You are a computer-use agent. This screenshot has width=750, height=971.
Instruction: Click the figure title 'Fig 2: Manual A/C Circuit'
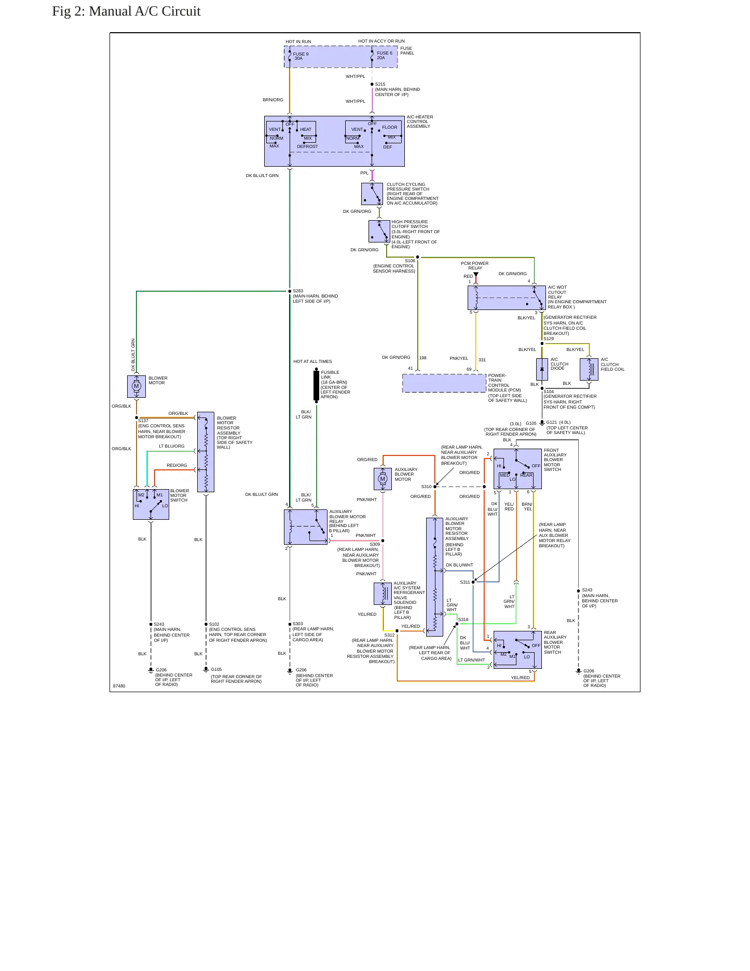coord(126,11)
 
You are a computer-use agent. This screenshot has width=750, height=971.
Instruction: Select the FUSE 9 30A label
coord(301,56)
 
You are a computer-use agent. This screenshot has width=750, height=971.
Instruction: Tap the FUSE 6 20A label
coord(385,56)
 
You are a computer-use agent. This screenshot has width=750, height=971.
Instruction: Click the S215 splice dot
coord(372,84)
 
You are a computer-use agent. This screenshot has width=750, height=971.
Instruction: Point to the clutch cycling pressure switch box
coord(372,194)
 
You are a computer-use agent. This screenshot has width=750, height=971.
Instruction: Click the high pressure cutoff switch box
coord(379,231)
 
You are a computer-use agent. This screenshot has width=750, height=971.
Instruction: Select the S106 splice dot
coord(418,257)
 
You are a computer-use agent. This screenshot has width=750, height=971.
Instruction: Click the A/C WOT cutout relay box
coord(507,298)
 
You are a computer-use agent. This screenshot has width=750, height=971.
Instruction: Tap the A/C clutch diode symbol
coord(542,369)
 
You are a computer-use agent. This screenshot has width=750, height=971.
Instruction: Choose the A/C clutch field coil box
coord(589,369)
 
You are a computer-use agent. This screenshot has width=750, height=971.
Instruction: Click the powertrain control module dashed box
coord(444,383)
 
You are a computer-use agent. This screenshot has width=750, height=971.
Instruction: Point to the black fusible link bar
coord(316,385)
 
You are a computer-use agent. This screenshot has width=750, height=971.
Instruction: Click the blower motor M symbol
coord(137,386)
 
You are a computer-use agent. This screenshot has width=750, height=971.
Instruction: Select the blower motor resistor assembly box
coord(206,452)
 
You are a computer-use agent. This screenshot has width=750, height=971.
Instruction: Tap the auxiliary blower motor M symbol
coord(383,479)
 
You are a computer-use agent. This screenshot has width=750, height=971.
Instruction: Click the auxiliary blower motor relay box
coord(306,527)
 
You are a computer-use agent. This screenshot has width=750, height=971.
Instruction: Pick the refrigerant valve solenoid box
coord(383,594)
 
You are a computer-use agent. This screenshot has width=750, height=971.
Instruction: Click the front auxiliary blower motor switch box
coord(517,469)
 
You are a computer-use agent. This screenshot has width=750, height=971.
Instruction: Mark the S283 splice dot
coord(290,291)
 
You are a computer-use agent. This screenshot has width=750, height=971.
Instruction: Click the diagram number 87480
coord(119,686)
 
